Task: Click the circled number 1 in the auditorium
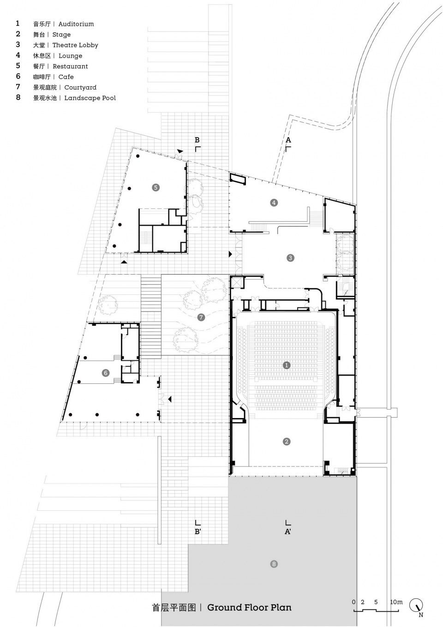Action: [287, 365]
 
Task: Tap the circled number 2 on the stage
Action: [287, 442]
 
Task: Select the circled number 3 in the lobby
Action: [290, 257]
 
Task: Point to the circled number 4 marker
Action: [274, 203]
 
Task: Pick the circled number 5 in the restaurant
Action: [156, 187]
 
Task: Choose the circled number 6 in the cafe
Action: [106, 373]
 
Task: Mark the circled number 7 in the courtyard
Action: [201, 317]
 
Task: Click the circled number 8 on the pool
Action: [274, 564]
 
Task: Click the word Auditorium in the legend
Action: [76, 24]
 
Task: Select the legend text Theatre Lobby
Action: [75, 45]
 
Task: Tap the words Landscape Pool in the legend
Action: [90, 98]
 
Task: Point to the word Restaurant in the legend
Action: [70, 66]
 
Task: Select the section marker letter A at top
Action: [288, 140]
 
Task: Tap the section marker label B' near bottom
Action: [198, 531]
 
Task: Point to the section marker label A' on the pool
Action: [288, 531]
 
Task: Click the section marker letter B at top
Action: [197, 140]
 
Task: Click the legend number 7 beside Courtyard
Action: [18, 87]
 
